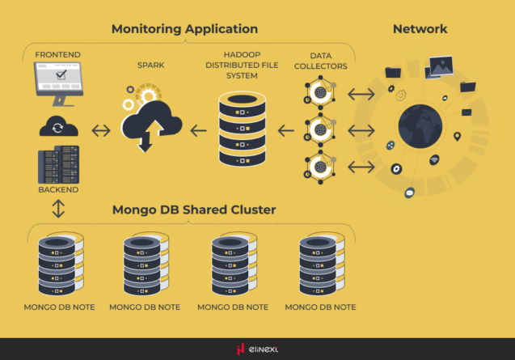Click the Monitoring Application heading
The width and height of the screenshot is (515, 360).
click(x=190, y=29)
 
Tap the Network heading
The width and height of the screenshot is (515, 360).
click(x=420, y=29)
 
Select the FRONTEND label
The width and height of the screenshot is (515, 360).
click(x=57, y=54)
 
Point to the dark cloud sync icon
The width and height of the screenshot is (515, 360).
click(x=58, y=128)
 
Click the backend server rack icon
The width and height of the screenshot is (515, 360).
click(x=58, y=164)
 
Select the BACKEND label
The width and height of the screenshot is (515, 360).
click(x=58, y=189)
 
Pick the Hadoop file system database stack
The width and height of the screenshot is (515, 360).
click(x=242, y=129)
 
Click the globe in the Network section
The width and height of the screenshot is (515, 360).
click(x=420, y=129)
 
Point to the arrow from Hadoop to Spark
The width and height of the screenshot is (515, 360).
click(x=198, y=129)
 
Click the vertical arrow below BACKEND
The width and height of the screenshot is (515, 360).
click(x=58, y=209)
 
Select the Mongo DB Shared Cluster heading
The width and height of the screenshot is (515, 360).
click(x=194, y=210)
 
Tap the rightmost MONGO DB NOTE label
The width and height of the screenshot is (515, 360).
click(x=320, y=307)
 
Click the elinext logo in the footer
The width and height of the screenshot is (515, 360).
click(x=257, y=349)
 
